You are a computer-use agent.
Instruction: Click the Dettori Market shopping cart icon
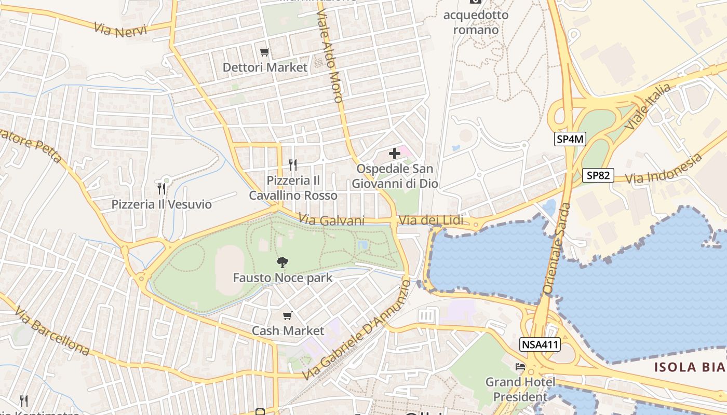tap(264, 52)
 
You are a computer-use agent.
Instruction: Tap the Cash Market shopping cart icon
tap(287, 315)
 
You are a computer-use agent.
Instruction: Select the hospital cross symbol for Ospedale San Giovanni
tap(395, 154)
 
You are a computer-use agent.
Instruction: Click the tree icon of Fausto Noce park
tap(282, 262)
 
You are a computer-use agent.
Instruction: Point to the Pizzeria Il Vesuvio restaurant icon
tap(161, 188)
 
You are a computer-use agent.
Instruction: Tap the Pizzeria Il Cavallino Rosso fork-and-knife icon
tap(293, 165)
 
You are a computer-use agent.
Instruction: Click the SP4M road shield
tap(570, 139)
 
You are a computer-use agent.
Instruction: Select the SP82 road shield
tap(598, 175)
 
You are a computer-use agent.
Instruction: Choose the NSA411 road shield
tap(540, 344)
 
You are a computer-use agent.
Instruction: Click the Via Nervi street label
tap(120, 29)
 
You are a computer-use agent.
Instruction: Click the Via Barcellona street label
tap(52, 331)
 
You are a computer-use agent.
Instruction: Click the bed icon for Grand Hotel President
tap(520, 367)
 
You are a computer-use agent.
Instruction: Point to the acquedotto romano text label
tap(476, 22)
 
